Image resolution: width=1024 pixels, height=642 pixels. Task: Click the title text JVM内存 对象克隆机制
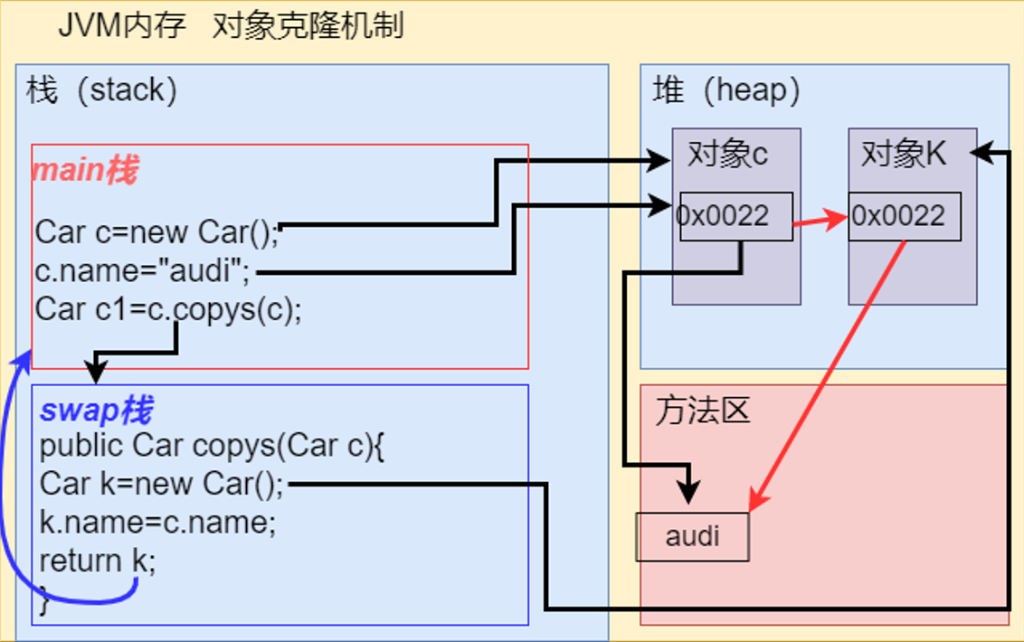[230, 26]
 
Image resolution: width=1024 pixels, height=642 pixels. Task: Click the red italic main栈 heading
[85, 170]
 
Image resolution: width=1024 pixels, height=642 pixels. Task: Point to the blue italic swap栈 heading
[95, 411]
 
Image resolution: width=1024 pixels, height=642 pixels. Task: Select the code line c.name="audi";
[142, 271]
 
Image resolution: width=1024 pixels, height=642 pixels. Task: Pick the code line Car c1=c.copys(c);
[168, 309]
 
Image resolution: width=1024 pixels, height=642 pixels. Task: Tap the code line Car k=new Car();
[162, 484]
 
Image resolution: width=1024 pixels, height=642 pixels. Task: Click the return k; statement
[98, 561]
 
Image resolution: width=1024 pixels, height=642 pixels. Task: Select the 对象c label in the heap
[727, 155]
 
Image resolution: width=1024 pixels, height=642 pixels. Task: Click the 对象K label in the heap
[903, 155]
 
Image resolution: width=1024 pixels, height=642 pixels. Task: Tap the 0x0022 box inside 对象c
[735, 216]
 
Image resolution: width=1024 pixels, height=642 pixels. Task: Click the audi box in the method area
[692, 536]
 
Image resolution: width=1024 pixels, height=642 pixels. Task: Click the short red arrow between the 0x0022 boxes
[820, 220]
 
